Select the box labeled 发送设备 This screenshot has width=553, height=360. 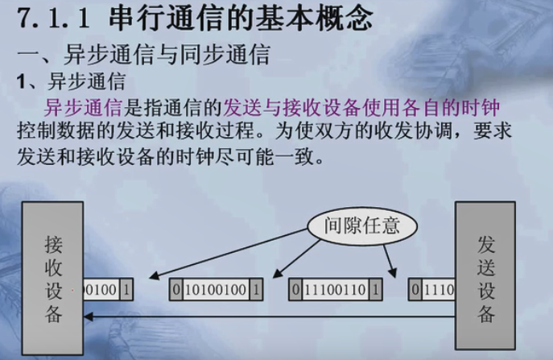click(x=485, y=267)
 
